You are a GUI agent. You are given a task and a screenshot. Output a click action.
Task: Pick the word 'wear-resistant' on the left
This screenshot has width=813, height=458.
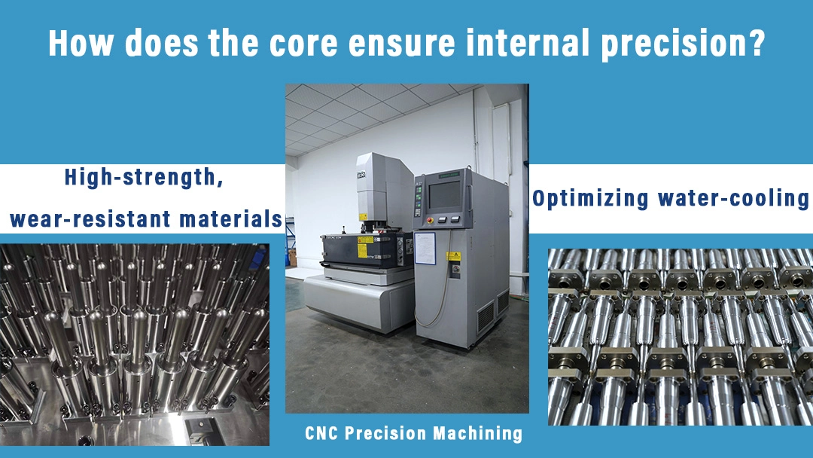(x=87, y=220)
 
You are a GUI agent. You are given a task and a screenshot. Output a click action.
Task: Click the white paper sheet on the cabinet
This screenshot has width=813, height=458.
(x=425, y=248)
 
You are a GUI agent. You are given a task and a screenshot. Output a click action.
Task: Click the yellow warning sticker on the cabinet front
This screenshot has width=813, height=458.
(x=453, y=255)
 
